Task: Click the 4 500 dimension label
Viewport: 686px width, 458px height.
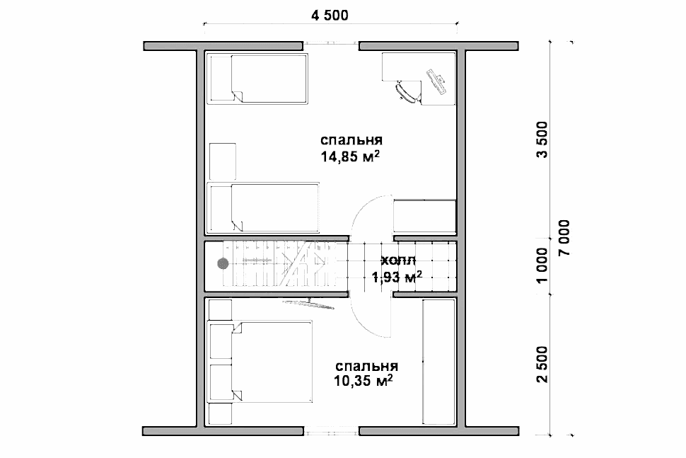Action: (330, 16)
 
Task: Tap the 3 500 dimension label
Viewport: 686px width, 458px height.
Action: (542, 139)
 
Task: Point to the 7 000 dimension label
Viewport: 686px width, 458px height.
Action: (564, 237)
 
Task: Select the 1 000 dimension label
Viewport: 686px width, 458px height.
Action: (542, 265)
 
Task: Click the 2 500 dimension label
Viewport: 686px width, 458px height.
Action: (542, 365)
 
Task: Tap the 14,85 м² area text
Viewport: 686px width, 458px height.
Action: (350, 156)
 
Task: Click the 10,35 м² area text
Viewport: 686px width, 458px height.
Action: (363, 381)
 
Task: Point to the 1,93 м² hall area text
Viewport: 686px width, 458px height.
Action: (397, 277)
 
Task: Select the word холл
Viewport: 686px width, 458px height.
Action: (398, 261)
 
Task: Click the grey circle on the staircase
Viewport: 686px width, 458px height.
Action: (223, 263)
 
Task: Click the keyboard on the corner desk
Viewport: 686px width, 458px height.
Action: (437, 81)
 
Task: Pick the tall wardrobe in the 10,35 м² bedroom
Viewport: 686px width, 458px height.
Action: (439, 362)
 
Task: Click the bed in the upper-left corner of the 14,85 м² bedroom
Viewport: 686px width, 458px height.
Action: (257, 79)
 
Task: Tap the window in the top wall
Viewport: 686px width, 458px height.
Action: (331, 43)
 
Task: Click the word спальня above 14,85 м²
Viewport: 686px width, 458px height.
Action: (351, 140)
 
